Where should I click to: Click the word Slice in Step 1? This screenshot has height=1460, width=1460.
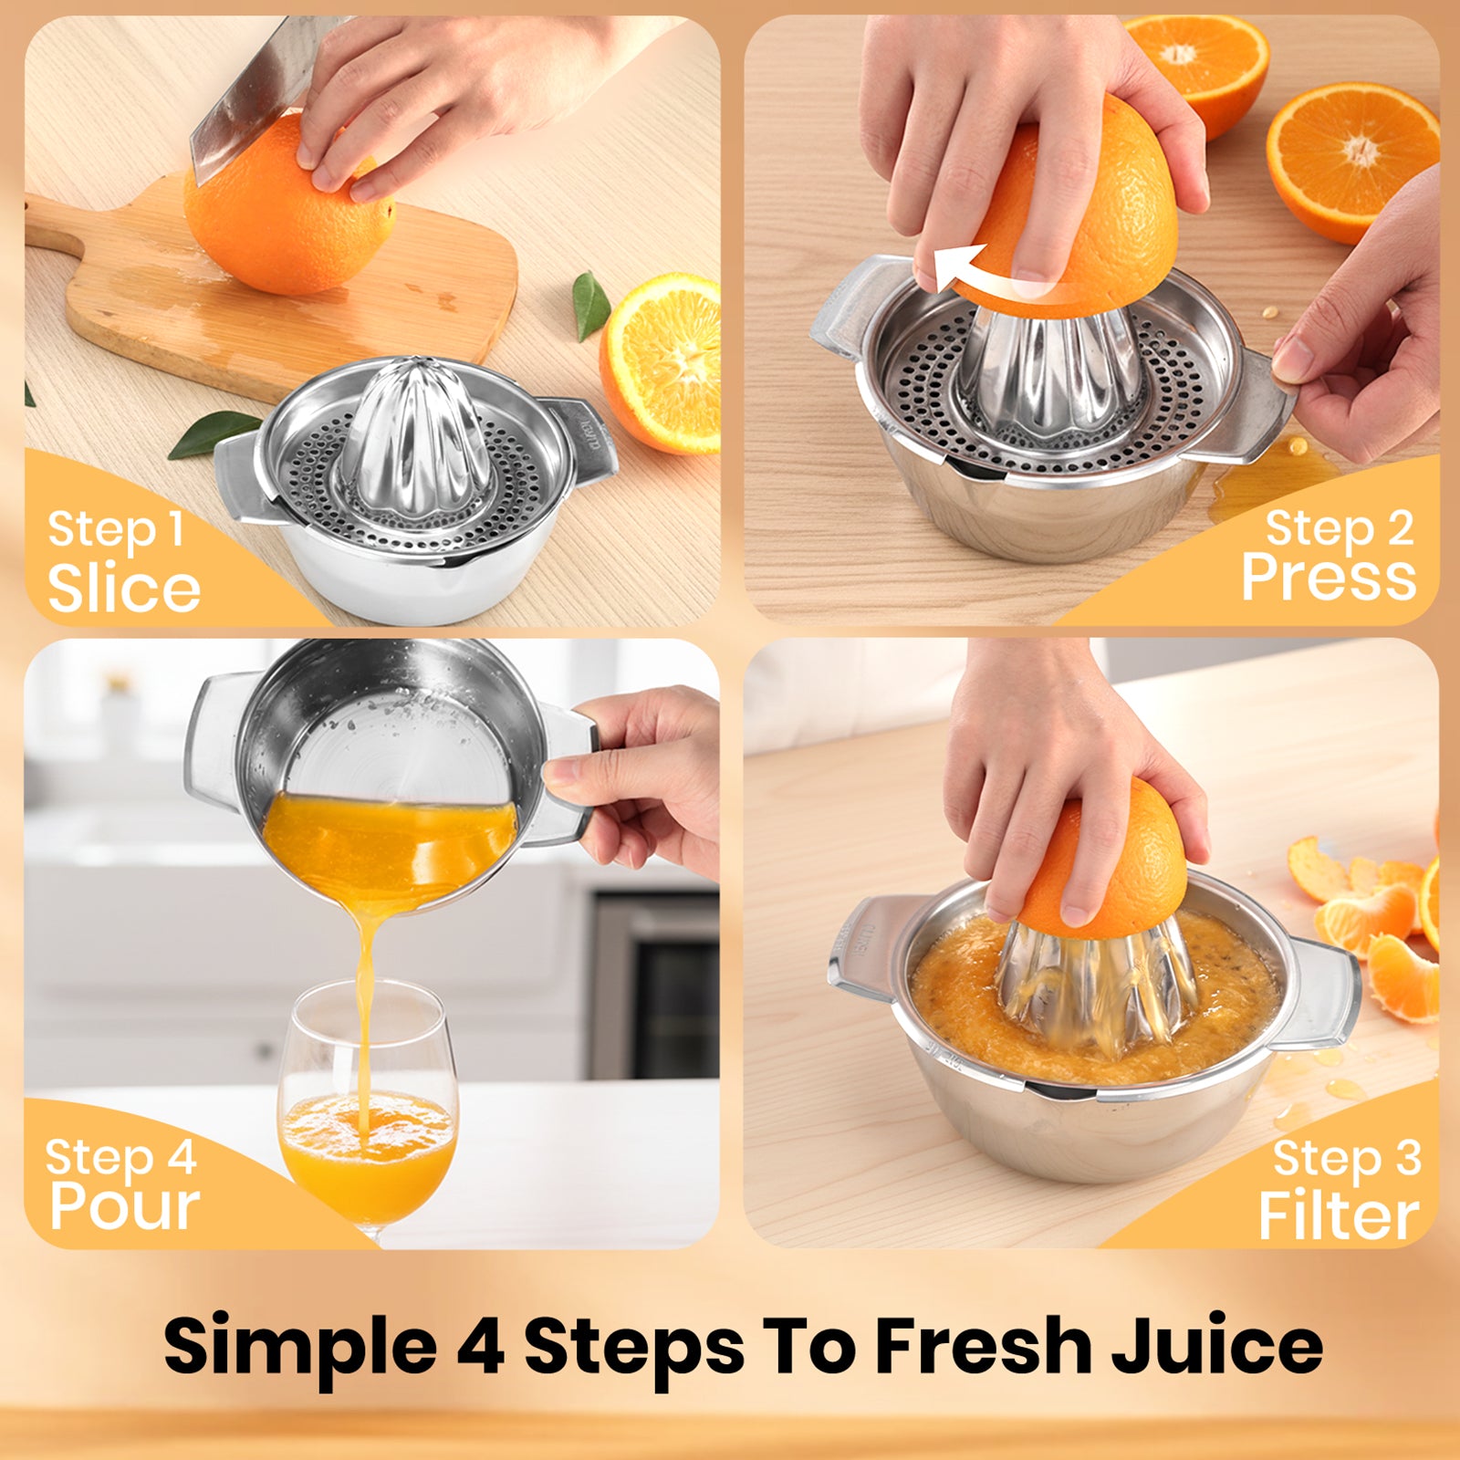tap(124, 589)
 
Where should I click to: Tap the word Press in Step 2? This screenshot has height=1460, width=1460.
tap(1329, 576)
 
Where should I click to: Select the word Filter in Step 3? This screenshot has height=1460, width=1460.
tap(1339, 1215)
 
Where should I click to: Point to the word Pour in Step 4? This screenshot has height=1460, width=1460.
tap(125, 1208)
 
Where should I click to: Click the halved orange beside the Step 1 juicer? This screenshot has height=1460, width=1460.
tap(660, 362)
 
